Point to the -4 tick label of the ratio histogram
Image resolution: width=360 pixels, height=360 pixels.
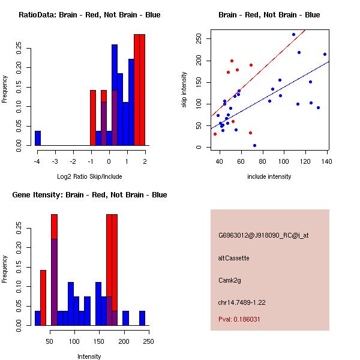(x=37, y=161)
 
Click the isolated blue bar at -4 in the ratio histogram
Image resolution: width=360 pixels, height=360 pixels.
(x=38, y=138)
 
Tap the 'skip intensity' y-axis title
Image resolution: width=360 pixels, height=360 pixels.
(x=184, y=90)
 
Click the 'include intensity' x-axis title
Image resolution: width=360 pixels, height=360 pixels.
(x=269, y=176)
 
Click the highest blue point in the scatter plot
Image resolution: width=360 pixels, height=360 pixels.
(x=293, y=35)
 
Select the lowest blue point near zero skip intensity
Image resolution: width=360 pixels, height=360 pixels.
(x=254, y=145)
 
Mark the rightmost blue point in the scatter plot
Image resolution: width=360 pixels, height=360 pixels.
(x=325, y=54)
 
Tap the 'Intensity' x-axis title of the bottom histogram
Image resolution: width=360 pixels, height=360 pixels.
(x=89, y=356)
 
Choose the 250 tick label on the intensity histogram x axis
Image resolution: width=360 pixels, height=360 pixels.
(x=148, y=341)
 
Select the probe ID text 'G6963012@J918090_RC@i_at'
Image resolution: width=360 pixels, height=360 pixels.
(x=263, y=236)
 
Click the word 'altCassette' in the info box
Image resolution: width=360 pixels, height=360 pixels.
(x=233, y=258)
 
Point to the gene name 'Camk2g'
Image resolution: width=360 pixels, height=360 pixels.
(x=230, y=280)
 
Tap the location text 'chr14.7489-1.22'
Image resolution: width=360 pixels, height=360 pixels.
(x=242, y=302)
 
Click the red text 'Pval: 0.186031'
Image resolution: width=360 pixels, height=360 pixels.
(x=239, y=319)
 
